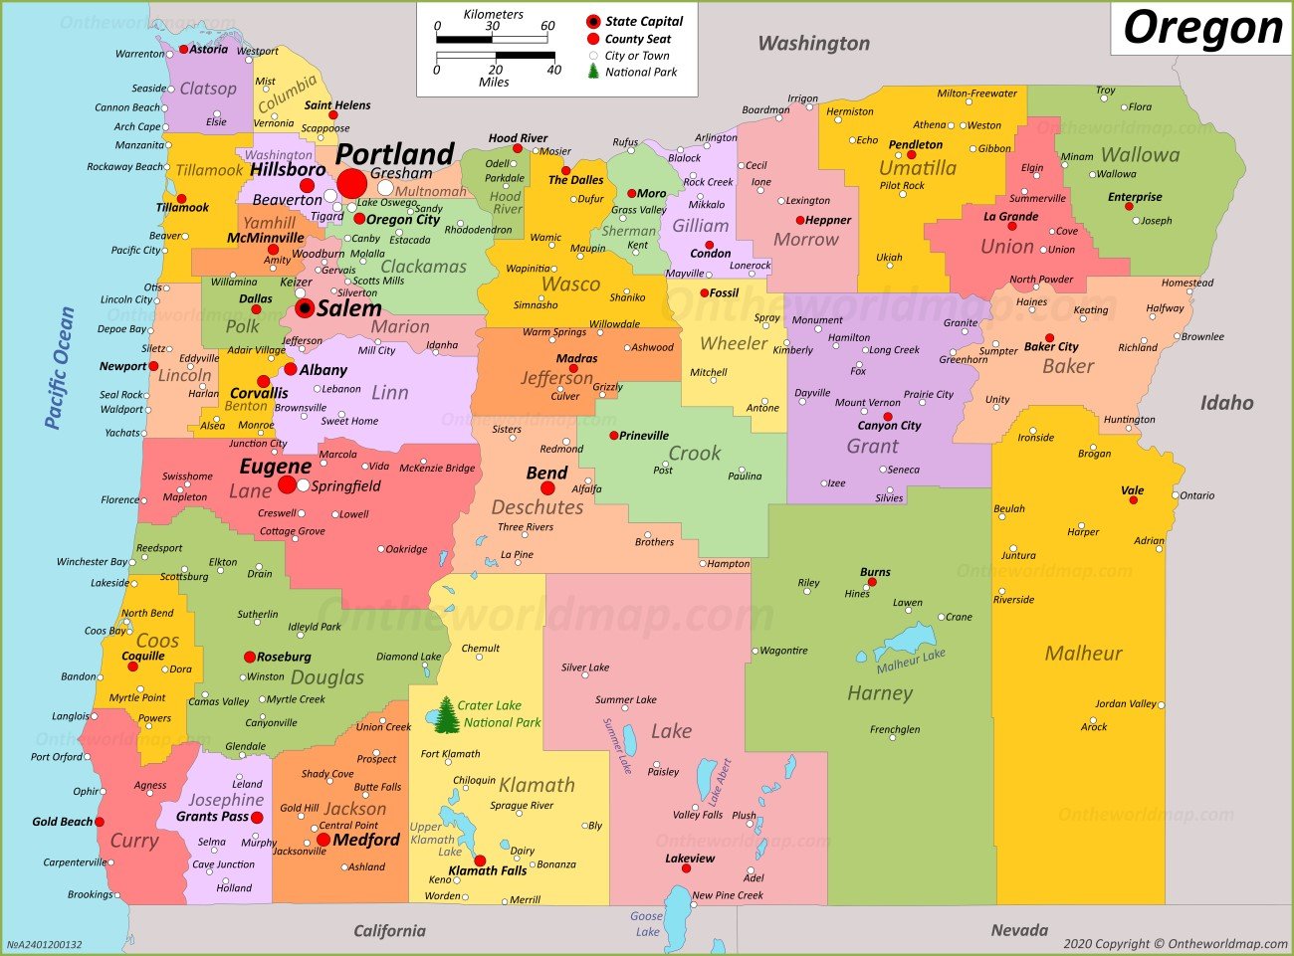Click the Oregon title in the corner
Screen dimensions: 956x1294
[1202, 29]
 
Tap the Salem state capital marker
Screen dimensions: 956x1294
[305, 308]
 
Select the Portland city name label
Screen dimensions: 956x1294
[395, 154]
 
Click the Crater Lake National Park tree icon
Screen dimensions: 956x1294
[447, 714]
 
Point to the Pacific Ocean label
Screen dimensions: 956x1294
[60, 368]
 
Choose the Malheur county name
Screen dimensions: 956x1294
[1083, 654]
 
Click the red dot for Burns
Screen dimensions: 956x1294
[872, 582]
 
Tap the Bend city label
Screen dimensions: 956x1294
[546, 473]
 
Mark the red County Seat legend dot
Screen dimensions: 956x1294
[593, 39]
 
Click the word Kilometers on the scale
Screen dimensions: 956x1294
[493, 14]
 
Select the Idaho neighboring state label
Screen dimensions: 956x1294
[1226, 403]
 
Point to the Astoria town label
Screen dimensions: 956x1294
[208, 49]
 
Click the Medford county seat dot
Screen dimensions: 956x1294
[323, 840]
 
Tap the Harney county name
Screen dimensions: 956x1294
[880, 692]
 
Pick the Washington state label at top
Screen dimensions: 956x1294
[813, 43]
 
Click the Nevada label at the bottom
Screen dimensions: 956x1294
[1019, 930]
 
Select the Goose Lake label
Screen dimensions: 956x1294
[647, 923]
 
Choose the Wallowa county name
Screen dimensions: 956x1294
[1140, 155]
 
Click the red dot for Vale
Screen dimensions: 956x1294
[1133, 500]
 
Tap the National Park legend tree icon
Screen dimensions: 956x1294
[593, 72]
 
